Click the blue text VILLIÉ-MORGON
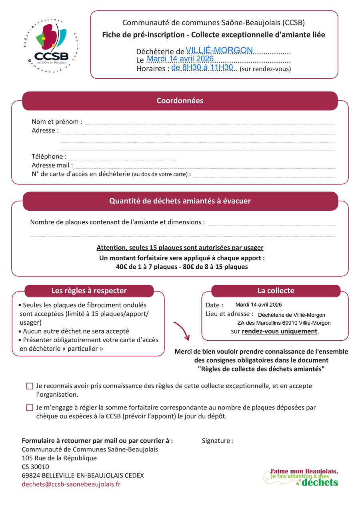[219, 50]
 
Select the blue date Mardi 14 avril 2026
[180, 59]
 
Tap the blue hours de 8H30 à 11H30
[202, 68]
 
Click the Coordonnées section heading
[180, 101]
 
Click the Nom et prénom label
[57, 122]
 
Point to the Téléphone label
[49, 156]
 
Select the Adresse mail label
[52, 165]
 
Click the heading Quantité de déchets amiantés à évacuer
[180, 201]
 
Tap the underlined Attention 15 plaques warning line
[180, 248]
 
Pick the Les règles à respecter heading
[89, 291]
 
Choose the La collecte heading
[276, 291]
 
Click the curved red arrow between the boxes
[182, 330]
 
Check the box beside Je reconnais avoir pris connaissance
[30, 386]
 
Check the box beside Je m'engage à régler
[30, 408]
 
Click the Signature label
[218, 441]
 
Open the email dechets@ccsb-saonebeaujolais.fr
[71, 484]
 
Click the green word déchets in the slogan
[320, 483]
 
